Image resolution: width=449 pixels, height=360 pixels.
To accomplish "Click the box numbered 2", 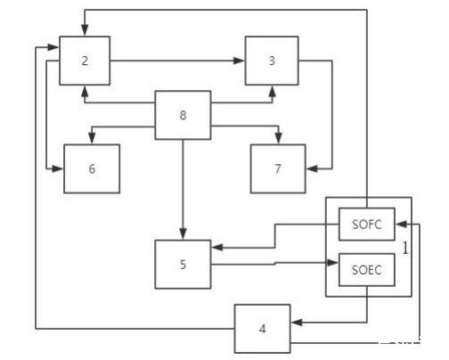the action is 85,61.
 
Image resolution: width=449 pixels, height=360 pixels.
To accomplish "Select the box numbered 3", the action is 272,61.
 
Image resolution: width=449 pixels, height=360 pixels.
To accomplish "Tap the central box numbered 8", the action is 183,115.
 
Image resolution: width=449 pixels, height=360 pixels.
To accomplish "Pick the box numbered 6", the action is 92,168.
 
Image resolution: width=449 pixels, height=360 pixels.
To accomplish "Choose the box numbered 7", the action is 278,168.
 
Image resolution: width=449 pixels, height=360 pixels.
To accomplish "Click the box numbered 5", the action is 183,265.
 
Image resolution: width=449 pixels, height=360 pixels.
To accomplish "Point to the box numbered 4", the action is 262,329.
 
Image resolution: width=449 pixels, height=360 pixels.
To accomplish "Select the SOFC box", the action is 367,224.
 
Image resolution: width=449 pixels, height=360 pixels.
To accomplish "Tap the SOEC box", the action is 367,270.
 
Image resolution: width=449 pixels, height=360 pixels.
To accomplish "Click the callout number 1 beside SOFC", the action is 405,248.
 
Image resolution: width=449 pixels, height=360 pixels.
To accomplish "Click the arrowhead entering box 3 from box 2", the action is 239,61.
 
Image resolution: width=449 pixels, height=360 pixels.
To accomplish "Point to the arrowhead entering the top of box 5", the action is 183,234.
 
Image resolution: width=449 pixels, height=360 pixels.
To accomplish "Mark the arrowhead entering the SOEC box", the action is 332,263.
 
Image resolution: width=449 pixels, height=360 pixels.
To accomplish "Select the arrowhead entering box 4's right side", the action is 297,323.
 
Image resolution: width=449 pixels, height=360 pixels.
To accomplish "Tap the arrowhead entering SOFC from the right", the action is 401,225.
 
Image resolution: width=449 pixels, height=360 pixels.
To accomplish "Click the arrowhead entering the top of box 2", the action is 85,30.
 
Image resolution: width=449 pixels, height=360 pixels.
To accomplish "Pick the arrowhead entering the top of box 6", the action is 92,138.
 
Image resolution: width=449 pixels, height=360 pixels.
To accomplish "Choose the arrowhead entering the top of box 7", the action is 278,138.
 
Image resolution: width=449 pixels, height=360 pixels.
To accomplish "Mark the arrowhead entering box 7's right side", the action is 312,168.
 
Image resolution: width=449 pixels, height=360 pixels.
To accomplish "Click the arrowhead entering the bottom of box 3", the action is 272,92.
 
